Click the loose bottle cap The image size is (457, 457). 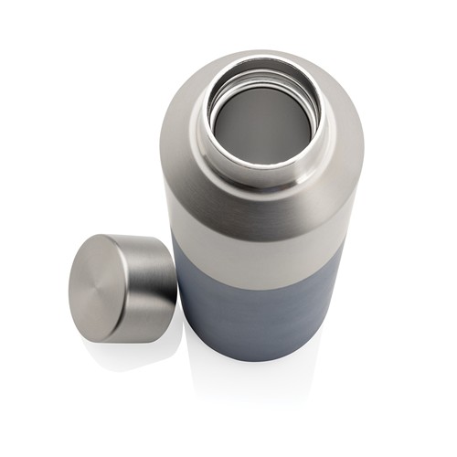pyautogui.click(x=122, y=287)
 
